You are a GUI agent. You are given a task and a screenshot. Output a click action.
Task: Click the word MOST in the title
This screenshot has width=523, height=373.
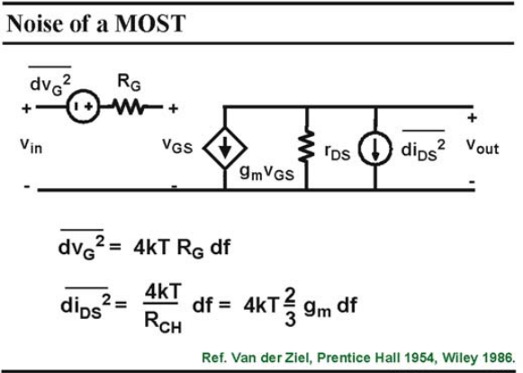(x=150, y=23)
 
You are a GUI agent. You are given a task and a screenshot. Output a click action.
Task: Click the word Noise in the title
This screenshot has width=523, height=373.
(x=35, y=23)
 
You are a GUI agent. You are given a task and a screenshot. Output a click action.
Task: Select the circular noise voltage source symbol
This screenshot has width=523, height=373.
(x=83, y=107)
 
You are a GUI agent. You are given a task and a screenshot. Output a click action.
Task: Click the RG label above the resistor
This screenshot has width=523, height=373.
(x=129, y=83)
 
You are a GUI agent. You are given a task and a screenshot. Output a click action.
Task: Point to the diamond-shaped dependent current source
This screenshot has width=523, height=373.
(x=225, y=148)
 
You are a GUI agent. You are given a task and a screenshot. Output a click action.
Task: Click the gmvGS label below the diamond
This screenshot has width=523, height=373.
(x=266, y=173)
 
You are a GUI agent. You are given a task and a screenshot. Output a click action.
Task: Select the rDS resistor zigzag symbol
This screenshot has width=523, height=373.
(x=307, y=147)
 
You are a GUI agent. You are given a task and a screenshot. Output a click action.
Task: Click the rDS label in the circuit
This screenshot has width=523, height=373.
(x=338, y=152)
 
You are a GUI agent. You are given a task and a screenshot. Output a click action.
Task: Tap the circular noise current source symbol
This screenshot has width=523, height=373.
(x=374, y=149)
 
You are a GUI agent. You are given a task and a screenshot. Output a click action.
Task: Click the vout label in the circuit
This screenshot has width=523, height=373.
(x=482, y=147)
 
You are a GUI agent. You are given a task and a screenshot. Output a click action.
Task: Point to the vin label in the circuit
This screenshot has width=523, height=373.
(x=31, y=146)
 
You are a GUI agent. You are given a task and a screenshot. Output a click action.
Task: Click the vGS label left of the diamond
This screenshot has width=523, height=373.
(x=177, y=146)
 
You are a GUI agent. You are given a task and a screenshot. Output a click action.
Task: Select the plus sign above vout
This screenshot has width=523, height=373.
(x=472, y=117)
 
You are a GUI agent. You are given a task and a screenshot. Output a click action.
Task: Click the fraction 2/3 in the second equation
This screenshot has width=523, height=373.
(x=290, y=307)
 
